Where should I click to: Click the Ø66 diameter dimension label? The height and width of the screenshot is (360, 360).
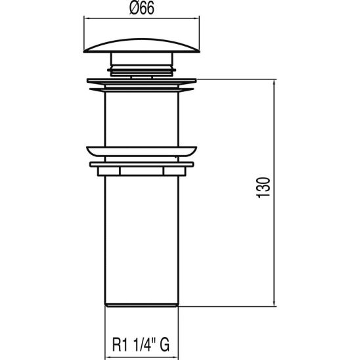(141, 11)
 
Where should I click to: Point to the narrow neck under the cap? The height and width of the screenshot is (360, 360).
(141, 64)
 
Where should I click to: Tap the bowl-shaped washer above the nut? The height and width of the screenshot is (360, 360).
(141, 150)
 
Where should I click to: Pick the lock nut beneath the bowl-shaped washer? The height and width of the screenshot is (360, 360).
(141, 169)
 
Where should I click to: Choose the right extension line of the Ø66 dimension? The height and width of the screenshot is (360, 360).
(200, 33)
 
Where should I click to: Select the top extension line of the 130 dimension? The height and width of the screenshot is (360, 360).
(236, 79)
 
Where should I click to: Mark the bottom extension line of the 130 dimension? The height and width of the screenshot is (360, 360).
(230, 307)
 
